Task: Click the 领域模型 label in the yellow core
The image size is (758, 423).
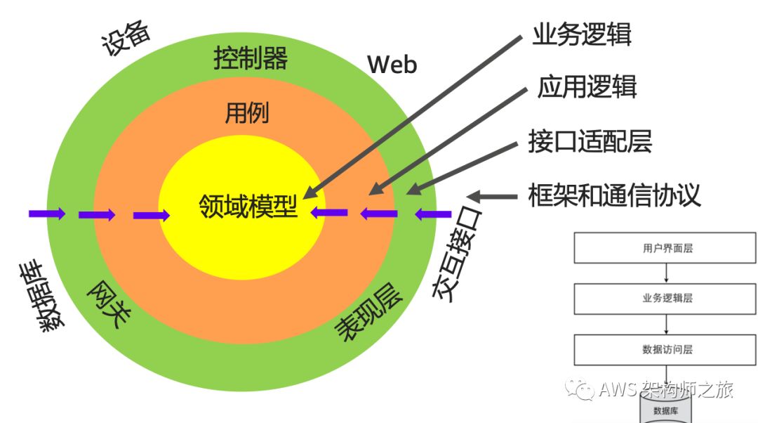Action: pos(248,207)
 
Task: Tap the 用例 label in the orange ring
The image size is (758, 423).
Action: pos(246,112)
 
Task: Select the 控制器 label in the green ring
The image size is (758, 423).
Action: pos(250,60)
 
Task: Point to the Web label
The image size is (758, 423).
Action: pos(392,65)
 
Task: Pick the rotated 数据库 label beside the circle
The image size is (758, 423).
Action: pos(42,296)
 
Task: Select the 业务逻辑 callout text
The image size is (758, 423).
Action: pos(582,35)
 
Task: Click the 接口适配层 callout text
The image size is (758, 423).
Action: pos(590,141)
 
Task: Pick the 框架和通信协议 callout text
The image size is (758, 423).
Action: pos(614,195)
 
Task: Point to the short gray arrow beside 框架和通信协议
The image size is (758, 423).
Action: pos(494,196)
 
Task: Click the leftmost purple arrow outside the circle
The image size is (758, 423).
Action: pos(47,214)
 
